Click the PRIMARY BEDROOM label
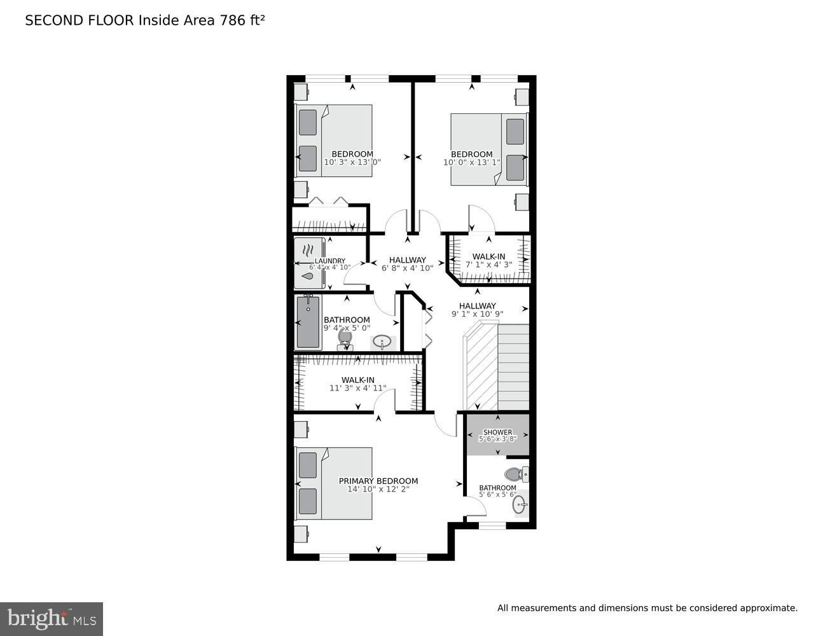click(x=378, y=481)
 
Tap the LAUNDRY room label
click(x=330, y=261)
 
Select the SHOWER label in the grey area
click(x=497, y=432)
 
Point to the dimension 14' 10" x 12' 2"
click(x=378, y=489)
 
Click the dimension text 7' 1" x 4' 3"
click(x=488, y=265)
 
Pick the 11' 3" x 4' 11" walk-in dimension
click(x=358, y=388)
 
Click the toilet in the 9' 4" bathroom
click(x=345, y=339)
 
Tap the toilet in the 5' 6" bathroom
click(x=516, y=474)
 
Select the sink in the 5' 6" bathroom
click(x=520, y=504)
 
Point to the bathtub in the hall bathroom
click(x=308, y=322)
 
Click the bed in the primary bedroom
click(x=334, y=483)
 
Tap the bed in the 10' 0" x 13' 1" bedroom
click(x=489, y=149)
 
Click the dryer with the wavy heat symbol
click(x=310, y=250)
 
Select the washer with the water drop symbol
click(x=310, y=276)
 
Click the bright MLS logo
click(x=52, y=619)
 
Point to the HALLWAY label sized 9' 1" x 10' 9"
click(x=477, y=305)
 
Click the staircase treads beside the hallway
click(x=513, y=367)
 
